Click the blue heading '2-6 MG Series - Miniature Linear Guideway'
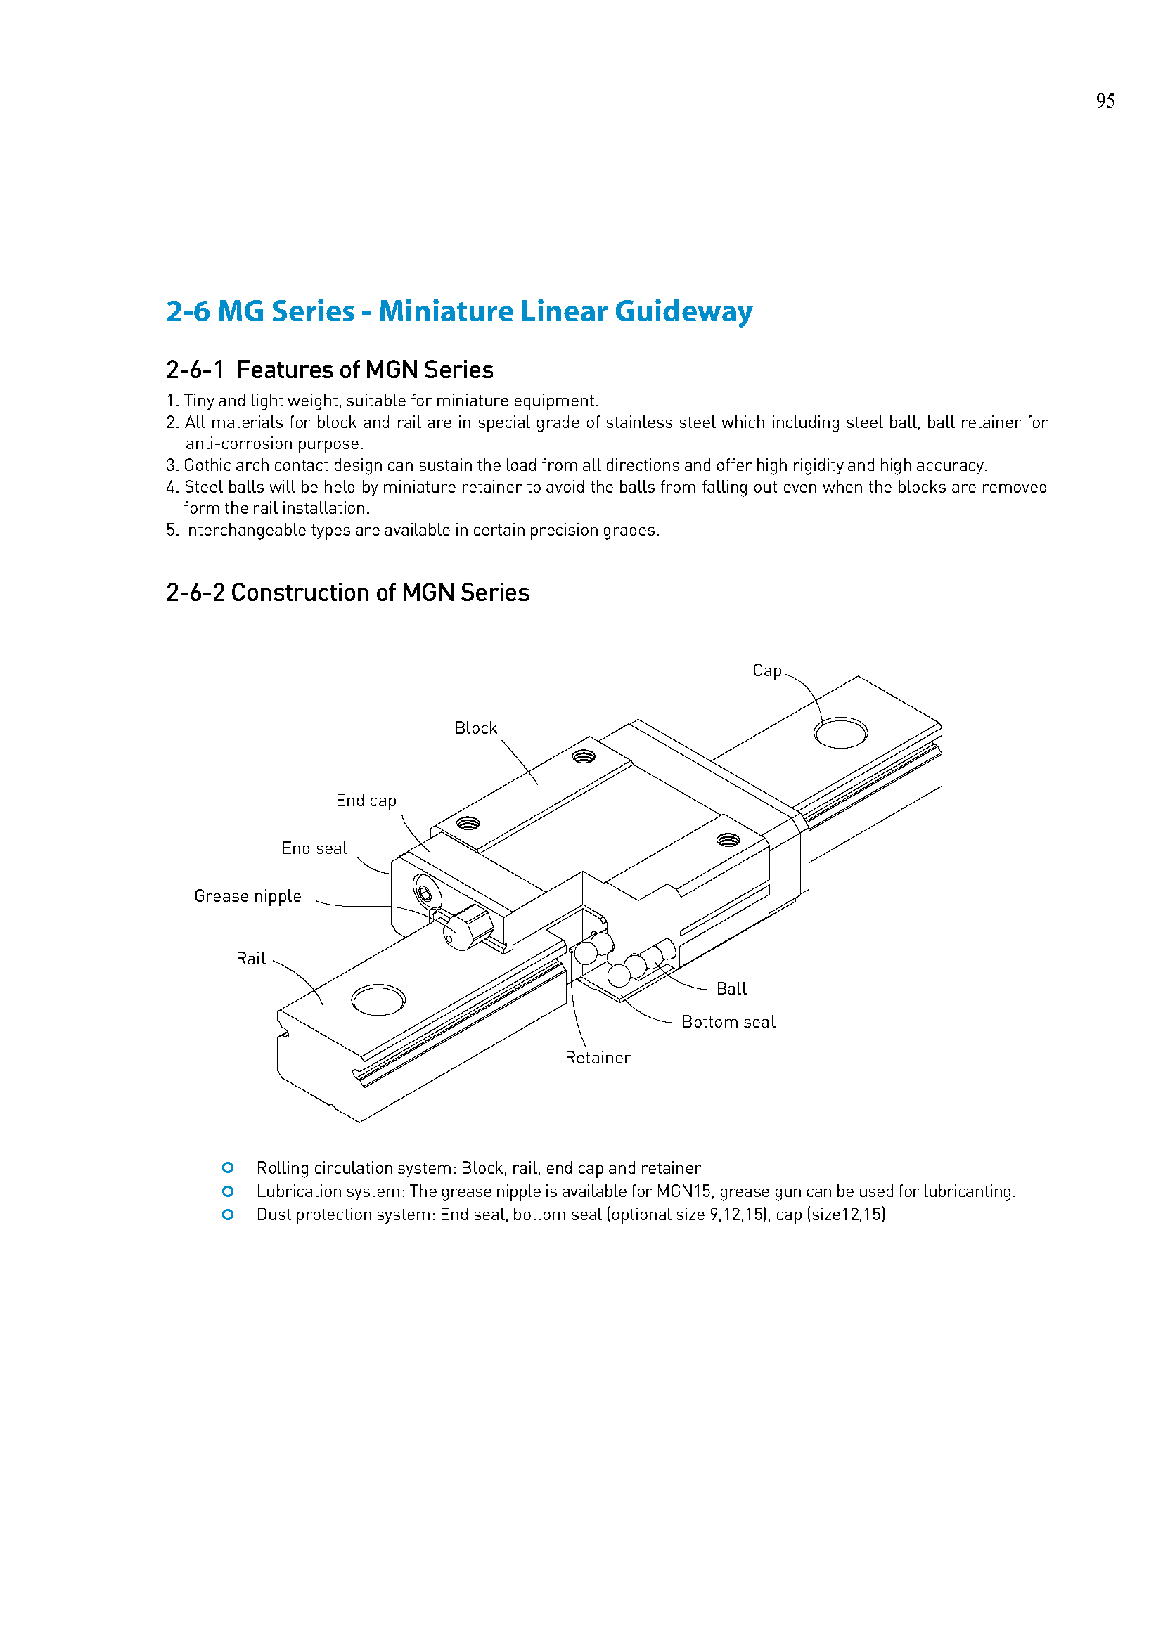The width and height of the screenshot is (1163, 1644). point(459,311)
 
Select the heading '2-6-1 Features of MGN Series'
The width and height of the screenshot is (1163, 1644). point(329,370)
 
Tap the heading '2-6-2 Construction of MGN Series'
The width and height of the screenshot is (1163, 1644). point(347,593)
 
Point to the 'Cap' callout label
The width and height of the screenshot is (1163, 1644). point(766,671)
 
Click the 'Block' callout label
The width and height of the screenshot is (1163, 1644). point(475,728)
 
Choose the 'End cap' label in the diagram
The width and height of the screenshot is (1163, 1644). point(366,801)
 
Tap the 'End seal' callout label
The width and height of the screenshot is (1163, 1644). point(314,848)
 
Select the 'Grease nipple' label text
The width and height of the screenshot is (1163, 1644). point(248,896)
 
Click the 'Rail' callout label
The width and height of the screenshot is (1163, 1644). point(250,959)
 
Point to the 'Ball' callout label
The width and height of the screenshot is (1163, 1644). point(731,989)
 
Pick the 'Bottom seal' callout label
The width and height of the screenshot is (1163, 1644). point(728,1022)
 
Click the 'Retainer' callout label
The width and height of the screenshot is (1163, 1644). point(597,1058)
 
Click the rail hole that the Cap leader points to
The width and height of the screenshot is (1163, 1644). point(841,732)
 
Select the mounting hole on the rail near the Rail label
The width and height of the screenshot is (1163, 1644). point(378,999)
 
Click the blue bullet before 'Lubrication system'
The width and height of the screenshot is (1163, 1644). point(228,1191)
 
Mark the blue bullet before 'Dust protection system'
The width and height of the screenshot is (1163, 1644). point(228,1215)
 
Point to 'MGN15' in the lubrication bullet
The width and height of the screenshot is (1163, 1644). point(683,1191)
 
